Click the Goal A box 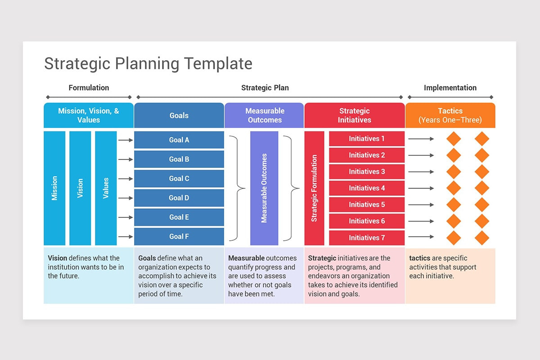click(x=179, y=140)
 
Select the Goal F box click(x=179, y=236)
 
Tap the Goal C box click(x=179, y=179)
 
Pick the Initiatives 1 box click(x=366, y=139)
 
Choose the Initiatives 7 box click(x=366, y=238)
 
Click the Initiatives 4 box click(x=366, y=188)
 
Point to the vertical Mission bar click(x=54, y=188)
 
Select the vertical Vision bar click(x=80, y=188)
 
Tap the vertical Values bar click(x=106, y=188)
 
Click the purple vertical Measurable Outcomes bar click(x=264, y=188)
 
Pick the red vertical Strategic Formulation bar click(x=314, y=188)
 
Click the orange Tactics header click(x=450, y=115)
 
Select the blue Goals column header click(x=179, y=115)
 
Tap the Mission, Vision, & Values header click(x=89, y=115)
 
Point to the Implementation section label click(x=450, y=88)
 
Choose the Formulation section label click(x=89, y=88)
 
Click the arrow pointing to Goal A click(x=126, y=140)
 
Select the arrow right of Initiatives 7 click(x=421, y=237)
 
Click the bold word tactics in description click(x=419, y=258)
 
